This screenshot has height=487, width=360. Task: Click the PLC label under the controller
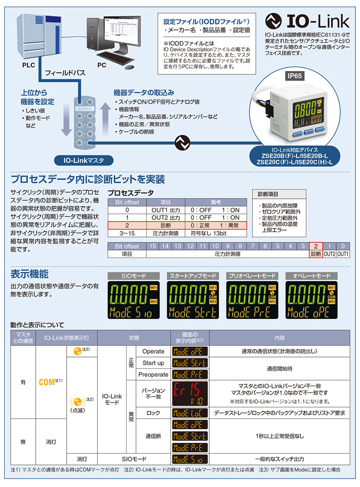click(29, 65)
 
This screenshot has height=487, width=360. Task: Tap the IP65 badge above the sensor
click(294, 76)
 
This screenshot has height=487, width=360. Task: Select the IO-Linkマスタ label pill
click(84, 160)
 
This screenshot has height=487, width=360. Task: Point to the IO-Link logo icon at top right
click(274, 21)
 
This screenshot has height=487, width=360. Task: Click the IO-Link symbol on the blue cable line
click(182, 143)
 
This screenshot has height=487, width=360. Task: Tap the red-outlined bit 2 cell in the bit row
click(316, 246)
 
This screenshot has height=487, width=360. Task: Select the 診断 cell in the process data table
click(166, 226)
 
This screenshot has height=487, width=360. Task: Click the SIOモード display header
click(133, 276)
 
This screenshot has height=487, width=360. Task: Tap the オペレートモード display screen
click(311, 300)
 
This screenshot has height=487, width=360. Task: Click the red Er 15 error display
click(190, 393)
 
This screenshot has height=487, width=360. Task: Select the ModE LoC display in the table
click(190, 413)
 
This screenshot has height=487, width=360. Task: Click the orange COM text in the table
click(46, 382)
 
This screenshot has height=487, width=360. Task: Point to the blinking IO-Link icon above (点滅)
click(77, 402)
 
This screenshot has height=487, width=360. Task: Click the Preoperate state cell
click(153, 374)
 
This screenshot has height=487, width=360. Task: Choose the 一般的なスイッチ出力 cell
click(280, 459)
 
